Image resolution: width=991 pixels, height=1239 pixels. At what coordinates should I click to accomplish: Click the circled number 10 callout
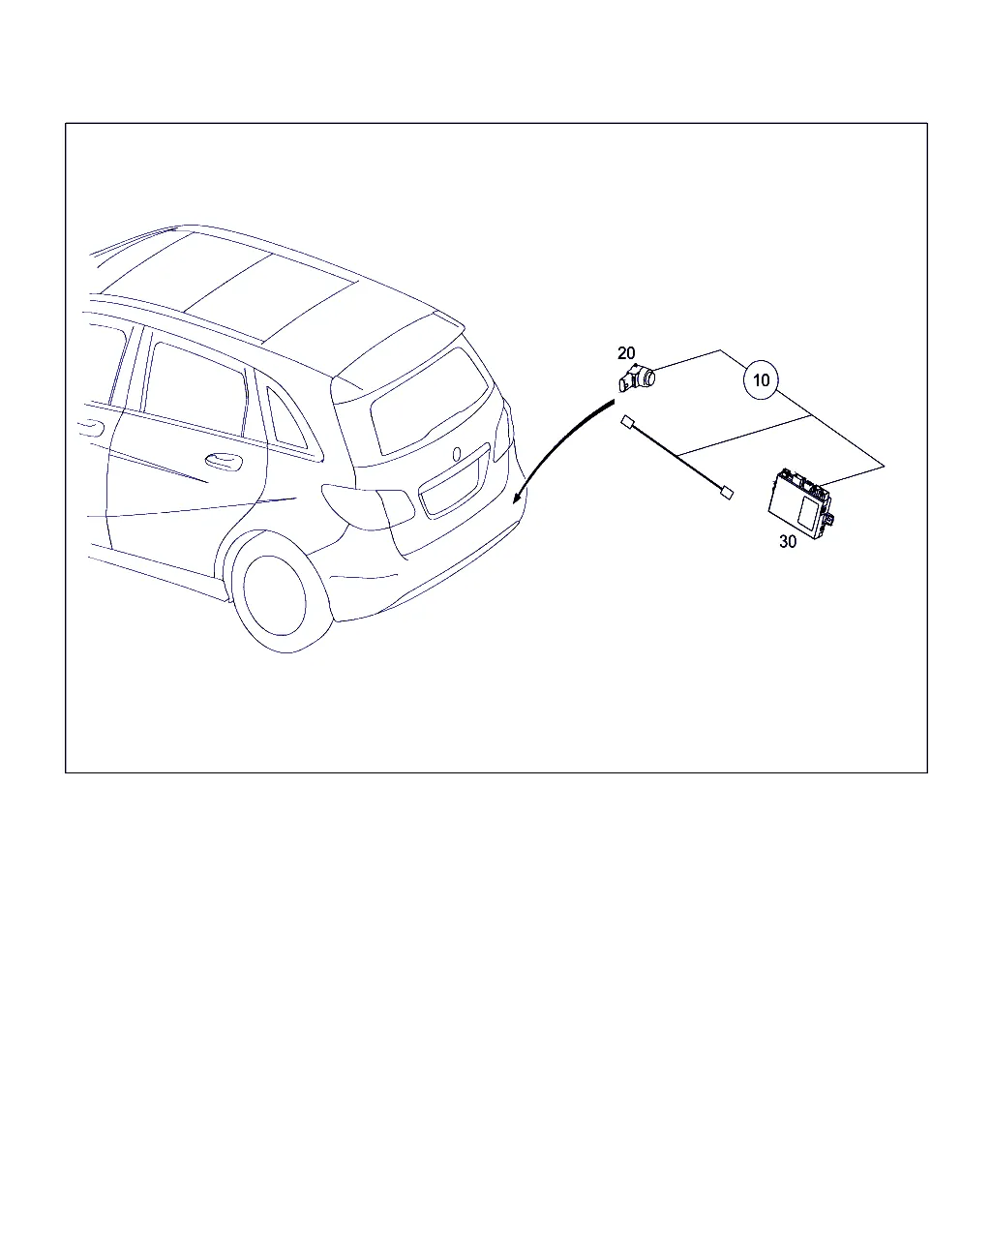760,380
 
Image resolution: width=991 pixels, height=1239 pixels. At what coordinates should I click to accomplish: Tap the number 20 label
626,352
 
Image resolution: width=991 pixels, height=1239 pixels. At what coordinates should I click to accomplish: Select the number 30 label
787,541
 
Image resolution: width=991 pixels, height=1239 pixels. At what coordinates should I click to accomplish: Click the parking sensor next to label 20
637,378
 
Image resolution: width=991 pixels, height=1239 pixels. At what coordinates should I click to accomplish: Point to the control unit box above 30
801,503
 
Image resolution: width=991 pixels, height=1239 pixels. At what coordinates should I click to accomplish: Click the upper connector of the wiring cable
628,423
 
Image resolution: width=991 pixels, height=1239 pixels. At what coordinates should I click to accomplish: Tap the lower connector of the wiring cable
727,493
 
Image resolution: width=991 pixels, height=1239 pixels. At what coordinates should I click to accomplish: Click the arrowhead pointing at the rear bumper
518,497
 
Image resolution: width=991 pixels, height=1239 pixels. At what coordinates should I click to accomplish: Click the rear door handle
224,460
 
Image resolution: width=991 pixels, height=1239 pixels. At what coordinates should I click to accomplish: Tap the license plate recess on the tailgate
454,479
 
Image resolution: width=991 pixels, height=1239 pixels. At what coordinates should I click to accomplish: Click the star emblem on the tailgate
457,454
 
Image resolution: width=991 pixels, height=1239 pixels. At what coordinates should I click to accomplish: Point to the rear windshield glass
430,403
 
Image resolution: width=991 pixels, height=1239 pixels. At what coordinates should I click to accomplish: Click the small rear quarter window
286,418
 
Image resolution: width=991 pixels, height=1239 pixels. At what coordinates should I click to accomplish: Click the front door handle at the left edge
92,428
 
